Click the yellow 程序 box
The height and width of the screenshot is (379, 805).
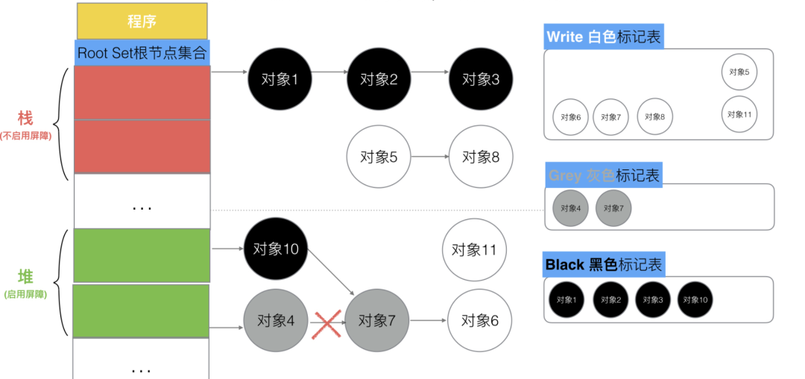click(x=142, y=21)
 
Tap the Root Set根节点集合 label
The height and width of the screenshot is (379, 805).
click(x=142, y=53)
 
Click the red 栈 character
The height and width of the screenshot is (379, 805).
click(x=25, y=119)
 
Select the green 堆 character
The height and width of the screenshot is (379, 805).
click(x=25, y=278)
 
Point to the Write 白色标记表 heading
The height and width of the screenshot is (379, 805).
click(x=604, y=37)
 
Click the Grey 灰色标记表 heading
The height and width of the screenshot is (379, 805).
click(x=604, y=175)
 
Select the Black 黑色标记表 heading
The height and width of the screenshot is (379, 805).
click(x=604, y=264)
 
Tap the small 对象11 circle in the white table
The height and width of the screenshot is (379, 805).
click(x=739, y=114)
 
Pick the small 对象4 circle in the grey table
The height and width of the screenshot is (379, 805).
click(x=570, y=207)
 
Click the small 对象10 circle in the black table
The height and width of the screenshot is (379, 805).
click(x=695, y=300)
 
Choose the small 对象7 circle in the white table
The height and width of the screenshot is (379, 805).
click(x=611, y=117)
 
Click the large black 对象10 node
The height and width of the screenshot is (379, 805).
click(x=276, y=249)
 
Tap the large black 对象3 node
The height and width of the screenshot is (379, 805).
click(x=480, y=78)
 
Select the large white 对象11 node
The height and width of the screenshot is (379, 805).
click(x=474, y=250)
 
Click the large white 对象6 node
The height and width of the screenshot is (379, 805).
click(x=479, y=321)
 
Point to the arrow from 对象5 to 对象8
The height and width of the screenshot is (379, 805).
click(x=429, y=157)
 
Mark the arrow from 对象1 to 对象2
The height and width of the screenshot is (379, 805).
click(x=326, y=72)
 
